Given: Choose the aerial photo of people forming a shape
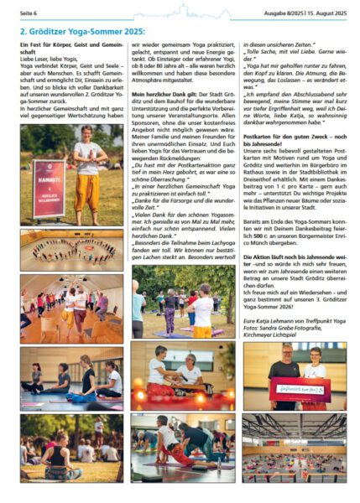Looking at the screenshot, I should click(x=71, y=250).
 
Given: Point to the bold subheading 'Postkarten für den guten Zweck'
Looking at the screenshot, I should click(x=291, y=136).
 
